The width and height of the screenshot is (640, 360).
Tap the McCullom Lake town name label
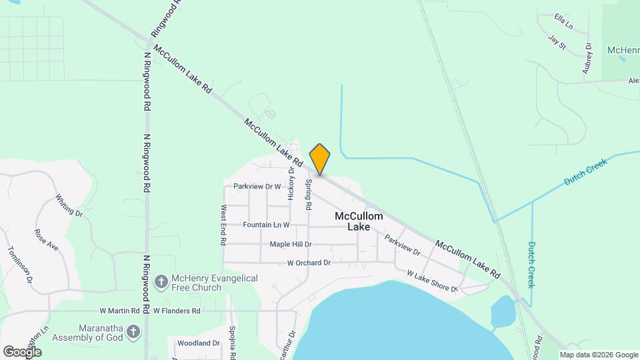[359, 221]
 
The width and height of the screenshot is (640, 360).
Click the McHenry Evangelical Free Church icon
[161, 283]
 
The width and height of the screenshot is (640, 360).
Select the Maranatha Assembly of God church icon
[133, 331]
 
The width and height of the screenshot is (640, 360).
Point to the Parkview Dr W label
[257, 187]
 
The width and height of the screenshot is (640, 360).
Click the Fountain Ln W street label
[266, 225]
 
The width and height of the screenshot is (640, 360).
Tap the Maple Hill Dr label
[291, 245]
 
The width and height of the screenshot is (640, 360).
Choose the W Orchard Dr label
[309, 263]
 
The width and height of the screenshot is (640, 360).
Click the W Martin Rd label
[119, 311]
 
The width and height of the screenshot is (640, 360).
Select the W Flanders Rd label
[177, 311]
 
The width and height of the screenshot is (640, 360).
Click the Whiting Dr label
[69, 205]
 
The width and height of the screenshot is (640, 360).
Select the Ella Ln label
[563, 21]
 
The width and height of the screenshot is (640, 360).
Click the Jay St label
[557, 43]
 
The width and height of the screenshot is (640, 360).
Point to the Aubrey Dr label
[587, 58]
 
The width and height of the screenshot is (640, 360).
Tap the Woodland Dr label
[198, 343]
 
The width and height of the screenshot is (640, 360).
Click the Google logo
[22, 351]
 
